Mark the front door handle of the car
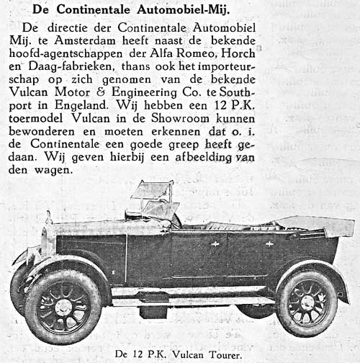coord(215,243)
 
